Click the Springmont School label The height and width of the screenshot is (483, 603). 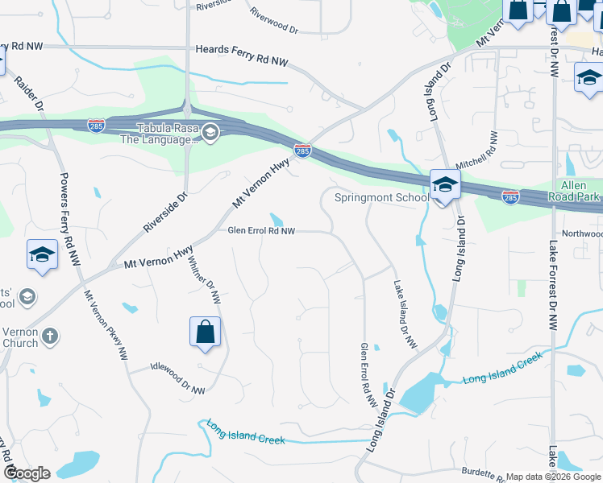381,198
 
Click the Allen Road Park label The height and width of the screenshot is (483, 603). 575,191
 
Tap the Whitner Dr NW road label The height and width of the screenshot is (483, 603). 203,279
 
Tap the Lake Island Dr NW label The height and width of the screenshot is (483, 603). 405,314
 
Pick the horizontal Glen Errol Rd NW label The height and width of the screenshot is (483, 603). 261,230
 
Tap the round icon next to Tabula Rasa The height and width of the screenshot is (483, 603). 210,133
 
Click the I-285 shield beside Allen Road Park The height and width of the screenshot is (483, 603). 510,196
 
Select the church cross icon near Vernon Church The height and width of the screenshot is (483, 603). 50,336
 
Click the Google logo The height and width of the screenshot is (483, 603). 27,473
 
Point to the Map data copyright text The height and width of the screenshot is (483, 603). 553,477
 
